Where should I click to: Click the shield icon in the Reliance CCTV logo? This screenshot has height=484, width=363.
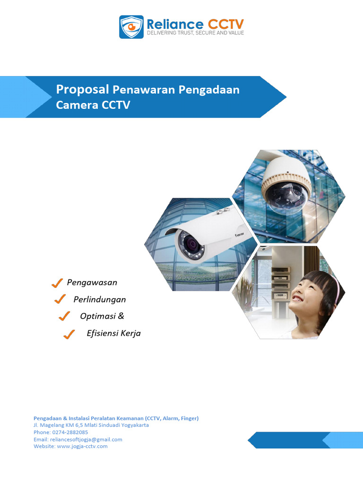point(131,27)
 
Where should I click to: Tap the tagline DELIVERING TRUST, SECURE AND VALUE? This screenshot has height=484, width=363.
point(195,34)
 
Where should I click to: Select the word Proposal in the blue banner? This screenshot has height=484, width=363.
point(83,89)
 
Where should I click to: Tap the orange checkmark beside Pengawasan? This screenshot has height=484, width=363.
point(57,283)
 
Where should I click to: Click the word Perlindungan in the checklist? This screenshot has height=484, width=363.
point(100,299)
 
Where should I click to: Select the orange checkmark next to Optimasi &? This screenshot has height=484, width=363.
point(64,316)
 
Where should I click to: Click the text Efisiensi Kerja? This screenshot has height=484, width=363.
point(113,333)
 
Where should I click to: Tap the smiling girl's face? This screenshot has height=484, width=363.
point(309,290)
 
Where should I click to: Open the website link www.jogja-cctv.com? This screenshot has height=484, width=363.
point(82,446)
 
